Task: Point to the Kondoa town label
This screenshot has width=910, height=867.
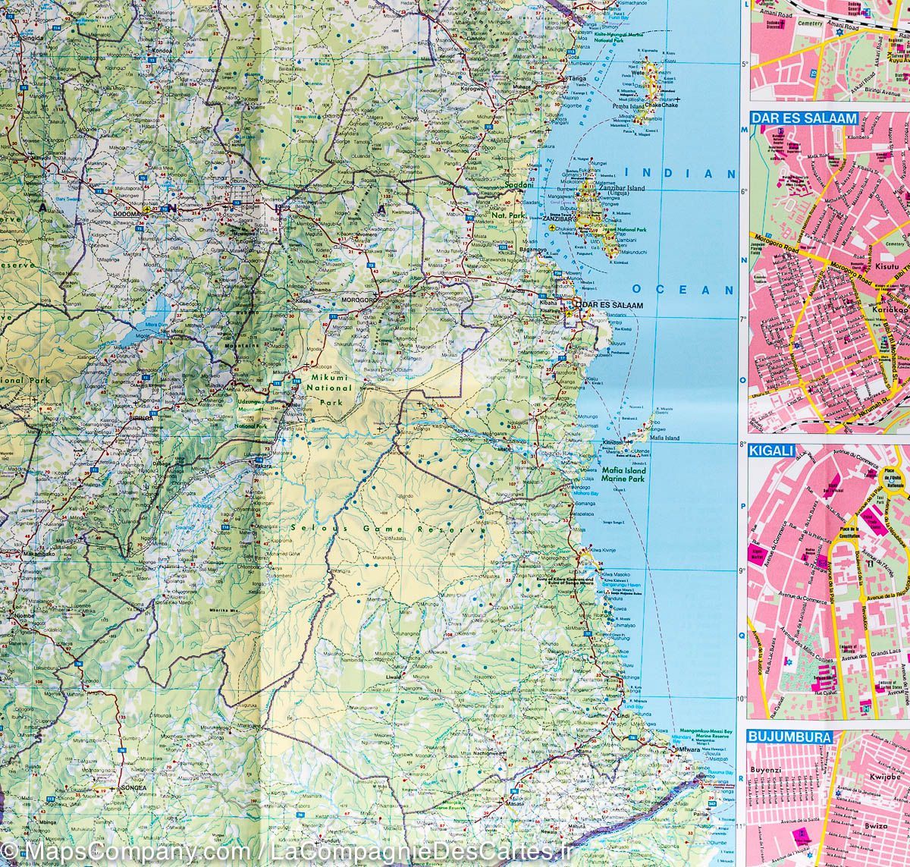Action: tap(162, 52)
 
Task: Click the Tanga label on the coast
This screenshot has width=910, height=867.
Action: tap(579, 79)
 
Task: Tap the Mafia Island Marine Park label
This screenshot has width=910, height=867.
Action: tap(622, 474)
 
